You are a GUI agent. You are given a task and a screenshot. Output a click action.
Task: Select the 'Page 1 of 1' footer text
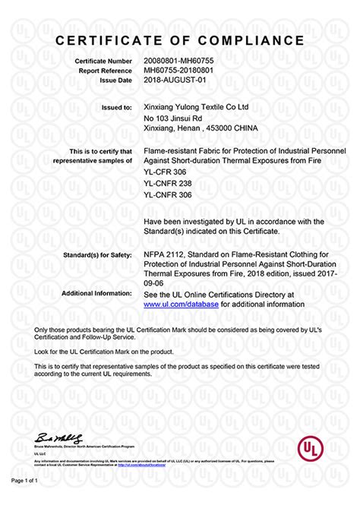[24, 481]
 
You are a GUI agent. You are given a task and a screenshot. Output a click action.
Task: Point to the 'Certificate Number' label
[104, 60]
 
